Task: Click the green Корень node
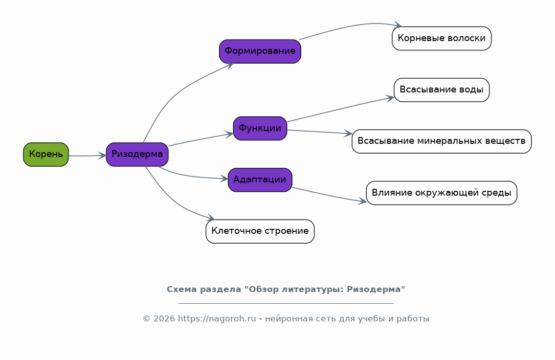(46, 155)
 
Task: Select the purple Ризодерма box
(137, 155)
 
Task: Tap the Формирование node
(260, 51)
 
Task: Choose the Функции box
(260, 129)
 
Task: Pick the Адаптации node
(260, 180)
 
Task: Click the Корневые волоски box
(442, 38)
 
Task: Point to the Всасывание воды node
(442, 90)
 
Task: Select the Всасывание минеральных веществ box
(442, 141)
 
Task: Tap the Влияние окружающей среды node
(442, 193)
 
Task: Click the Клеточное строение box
(260, 231)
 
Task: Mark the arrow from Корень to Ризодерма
(88, 156)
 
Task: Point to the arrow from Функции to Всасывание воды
(340, 109)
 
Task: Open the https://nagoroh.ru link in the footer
(217, 318)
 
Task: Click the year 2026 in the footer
(164, 318)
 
